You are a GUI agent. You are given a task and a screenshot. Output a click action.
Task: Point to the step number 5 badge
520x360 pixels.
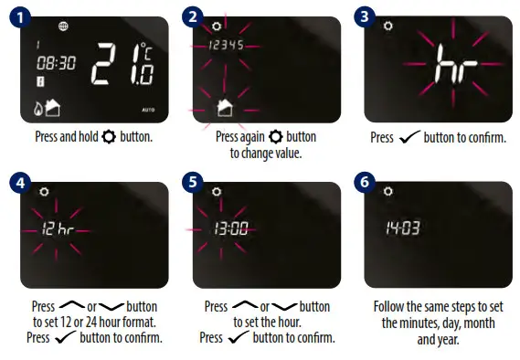pyautogui.click(x=193, y=183)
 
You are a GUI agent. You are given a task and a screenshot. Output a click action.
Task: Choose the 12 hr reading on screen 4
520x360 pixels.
pyautogui.click(x=57, y=229)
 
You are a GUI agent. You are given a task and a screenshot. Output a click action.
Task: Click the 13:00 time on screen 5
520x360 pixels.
pyautogui.click(x=230, y=229)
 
